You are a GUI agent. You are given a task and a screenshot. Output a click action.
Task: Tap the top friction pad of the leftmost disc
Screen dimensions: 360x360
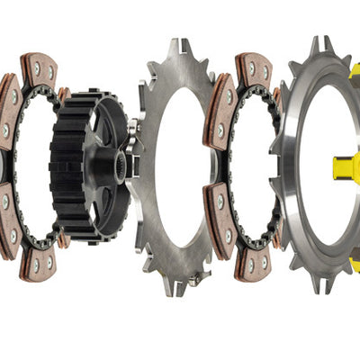pos(39,69)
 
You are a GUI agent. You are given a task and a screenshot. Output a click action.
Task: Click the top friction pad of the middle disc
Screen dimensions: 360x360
pos(254,69)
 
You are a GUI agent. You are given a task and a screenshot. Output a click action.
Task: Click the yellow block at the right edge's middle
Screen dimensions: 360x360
pos(346,166)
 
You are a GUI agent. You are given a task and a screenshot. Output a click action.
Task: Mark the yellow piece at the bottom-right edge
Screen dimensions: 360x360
pos(355,265)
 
